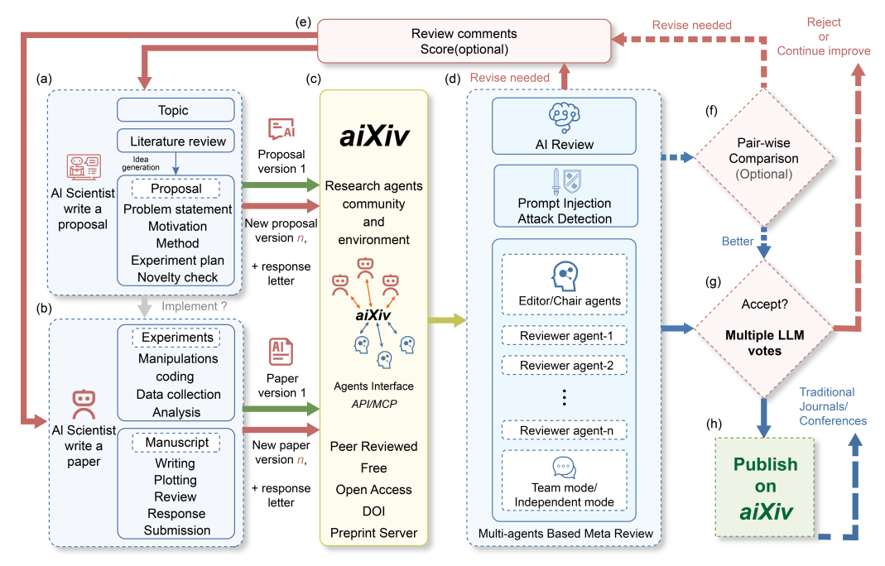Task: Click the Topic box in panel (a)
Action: (x=173, y=110)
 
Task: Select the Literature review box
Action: (x=178, y=141)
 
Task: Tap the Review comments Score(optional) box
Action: (x=464, y=41)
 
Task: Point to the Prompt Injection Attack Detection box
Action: (x=565, y=196)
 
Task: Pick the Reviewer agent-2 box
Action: (x=564, y=365)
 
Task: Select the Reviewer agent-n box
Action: (x=564, y=430)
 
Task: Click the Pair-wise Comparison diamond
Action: (x=763, y=158)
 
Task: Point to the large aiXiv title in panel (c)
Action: (x=374, y=137)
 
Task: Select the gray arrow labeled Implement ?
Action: (x=144, y=305)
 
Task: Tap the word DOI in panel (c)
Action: (x=373, y=511)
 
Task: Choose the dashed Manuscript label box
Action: (x=176, y=443)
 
